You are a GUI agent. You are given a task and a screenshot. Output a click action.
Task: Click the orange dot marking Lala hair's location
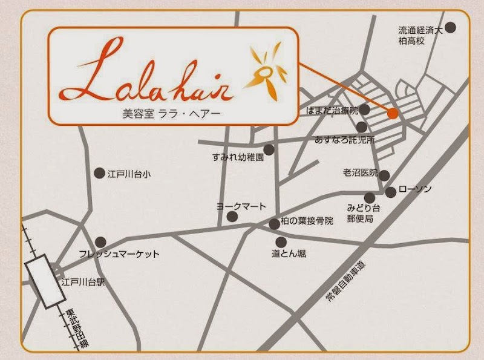point(393,113)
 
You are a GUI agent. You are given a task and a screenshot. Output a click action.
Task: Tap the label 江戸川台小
point(128,174)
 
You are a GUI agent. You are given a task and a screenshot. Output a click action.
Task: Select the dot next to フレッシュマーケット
point(101,241)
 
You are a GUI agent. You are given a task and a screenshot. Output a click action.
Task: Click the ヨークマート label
point(241,207)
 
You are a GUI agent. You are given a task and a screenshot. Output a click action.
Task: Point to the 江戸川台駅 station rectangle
point(45,281)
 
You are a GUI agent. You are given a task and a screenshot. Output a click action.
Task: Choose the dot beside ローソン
point(391,192)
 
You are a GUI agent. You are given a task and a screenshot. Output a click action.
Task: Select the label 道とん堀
point(289,254)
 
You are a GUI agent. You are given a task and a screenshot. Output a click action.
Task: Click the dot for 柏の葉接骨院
point(275,224)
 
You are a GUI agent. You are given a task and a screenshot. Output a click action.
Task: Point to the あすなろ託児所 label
point(344,140)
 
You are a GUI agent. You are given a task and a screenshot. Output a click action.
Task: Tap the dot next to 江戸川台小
point(99,174)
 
